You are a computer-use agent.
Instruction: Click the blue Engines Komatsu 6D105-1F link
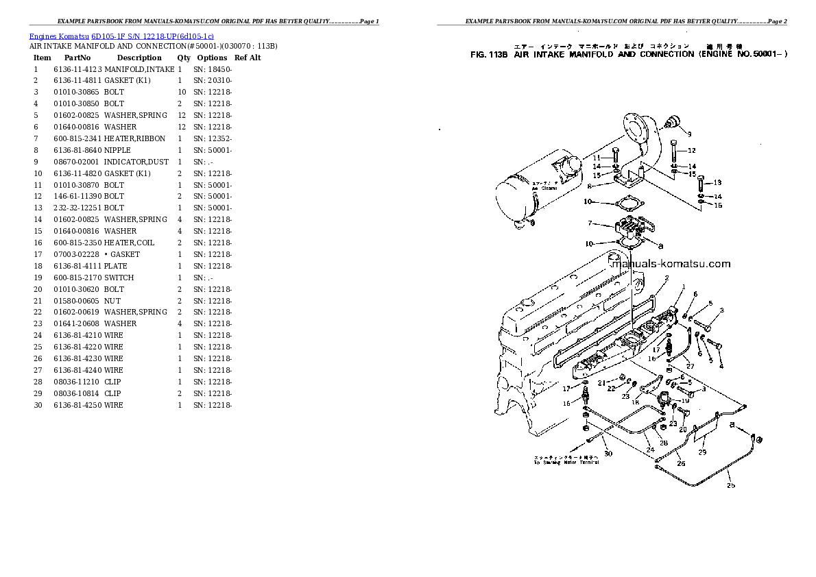(x=121, y=35)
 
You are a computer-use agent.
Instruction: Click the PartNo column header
(x=77, y=58)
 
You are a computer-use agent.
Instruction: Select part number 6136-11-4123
(x=77, y=69)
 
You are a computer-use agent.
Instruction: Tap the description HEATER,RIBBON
(x=134, y=138)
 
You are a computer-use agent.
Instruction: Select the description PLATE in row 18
(x=116, y=266)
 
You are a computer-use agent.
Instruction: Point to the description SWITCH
(x=119, y=278)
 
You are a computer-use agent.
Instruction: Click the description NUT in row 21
(x=112, y=301)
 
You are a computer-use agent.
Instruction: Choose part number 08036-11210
(x=76, y=382)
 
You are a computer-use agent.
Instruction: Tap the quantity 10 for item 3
(x=182, y=92)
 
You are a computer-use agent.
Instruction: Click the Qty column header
(x=184, y=58)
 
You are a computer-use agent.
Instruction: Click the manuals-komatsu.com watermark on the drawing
(x=670, y=264)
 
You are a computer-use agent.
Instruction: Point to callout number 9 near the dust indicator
(x=689, y=134)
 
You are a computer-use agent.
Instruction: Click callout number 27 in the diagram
(x=691, y=366)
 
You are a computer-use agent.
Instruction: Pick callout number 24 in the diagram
(x=649, y=450)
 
